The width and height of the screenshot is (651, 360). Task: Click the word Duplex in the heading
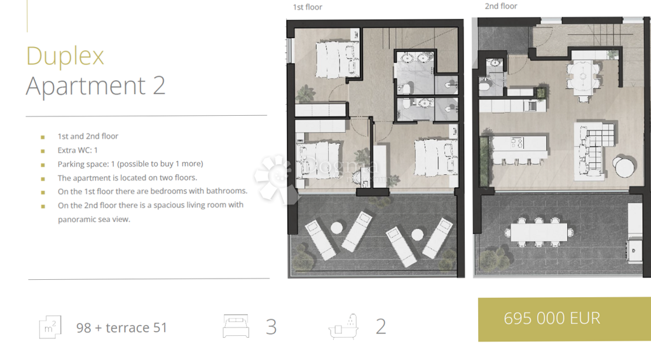tap(65, 56)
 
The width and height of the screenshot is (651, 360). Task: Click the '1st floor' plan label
tap(307, 7)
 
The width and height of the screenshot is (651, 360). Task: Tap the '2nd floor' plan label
tap(501, 6)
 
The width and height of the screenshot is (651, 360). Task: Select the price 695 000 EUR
tap(552, 319)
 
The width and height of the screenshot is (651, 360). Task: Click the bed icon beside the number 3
tap(236, 326)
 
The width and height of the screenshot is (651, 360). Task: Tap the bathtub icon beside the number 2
tap(343, 326)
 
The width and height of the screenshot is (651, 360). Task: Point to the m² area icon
tap(50, 327)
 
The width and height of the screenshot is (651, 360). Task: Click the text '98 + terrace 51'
tap(121, 328)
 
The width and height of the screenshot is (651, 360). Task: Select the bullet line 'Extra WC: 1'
tap(78, 150)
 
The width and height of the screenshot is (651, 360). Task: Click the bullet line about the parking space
tap(130, 163)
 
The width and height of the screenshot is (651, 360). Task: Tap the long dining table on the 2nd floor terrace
tap(538, 232)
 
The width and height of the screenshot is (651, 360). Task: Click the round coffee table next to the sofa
tap(624, 167)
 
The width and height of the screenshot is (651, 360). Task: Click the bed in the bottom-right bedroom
tap(435, 157)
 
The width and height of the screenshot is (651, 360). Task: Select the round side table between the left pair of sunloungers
tap(337, 228)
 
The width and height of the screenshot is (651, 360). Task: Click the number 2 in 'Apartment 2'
tap(159, 85)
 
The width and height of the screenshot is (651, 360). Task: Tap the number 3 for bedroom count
tap(271, 327)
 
